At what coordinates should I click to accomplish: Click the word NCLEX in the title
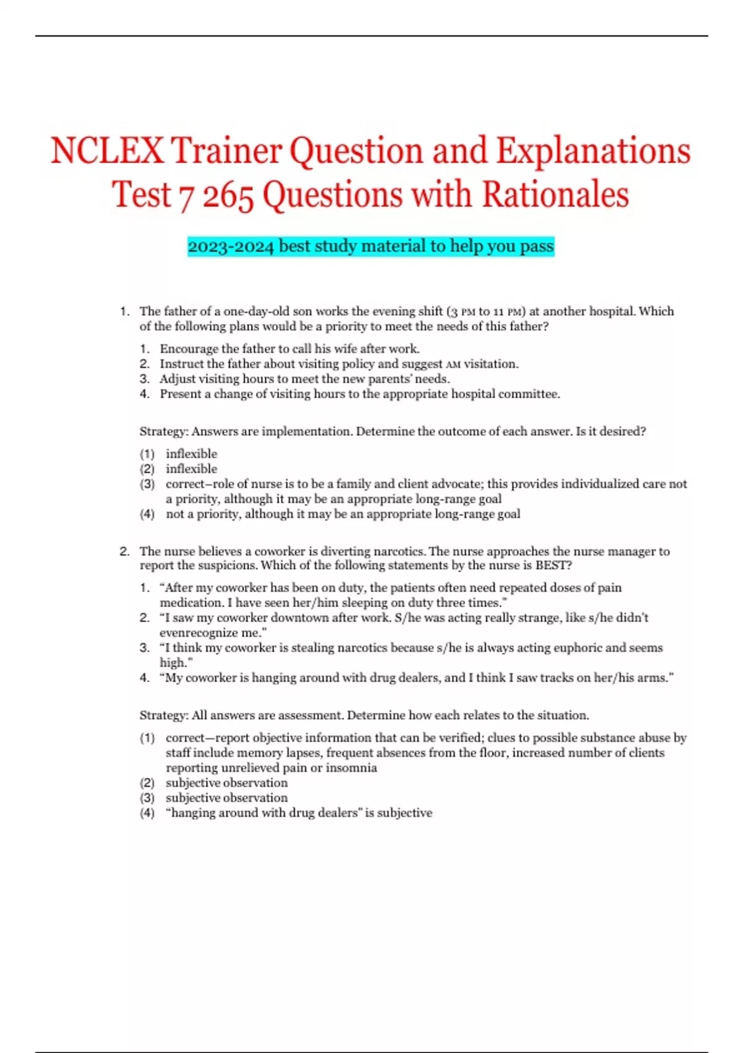point(107,151)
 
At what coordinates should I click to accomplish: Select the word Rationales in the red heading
point(556,195)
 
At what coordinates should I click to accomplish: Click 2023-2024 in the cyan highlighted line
point(231,247)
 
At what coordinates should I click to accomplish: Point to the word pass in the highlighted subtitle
point(536,247)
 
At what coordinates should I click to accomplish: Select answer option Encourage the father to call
point(290,349)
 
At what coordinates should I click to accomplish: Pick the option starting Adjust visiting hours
point(304,379)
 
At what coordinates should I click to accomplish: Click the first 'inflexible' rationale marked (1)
point(192,454)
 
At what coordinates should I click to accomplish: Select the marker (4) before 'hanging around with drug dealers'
point(147,813)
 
